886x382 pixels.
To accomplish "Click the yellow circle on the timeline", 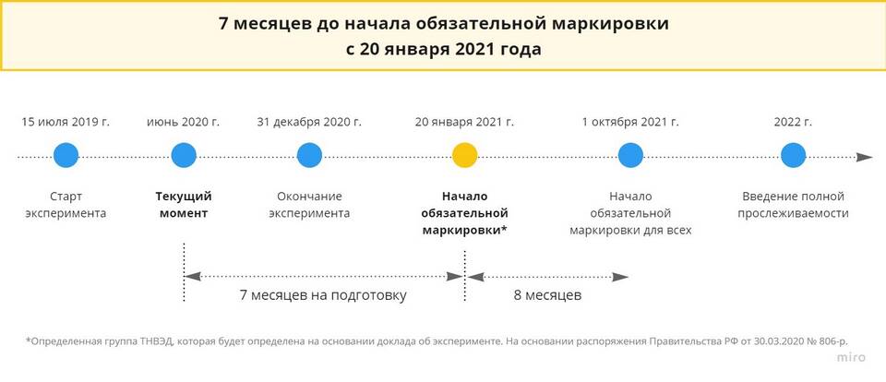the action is coord(465,155).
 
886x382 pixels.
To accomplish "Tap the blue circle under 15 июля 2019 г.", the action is coord(66,155).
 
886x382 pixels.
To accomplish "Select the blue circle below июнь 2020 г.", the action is coord(184,155).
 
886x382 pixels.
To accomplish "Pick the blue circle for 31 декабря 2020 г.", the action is coord(310,155).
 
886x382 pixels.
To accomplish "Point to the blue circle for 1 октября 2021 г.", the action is coord(630,155).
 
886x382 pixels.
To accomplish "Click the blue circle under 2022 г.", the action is coord(794,155).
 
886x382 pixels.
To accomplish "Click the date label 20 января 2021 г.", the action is coord(464,122).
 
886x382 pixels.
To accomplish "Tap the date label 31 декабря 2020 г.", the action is coord(309,122).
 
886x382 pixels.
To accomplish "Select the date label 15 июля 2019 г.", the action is coord(66,122).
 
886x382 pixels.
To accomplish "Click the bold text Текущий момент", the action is coord(184,205).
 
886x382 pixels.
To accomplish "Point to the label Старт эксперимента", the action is coord(66,205).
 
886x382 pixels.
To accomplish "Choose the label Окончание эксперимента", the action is coord(310,205).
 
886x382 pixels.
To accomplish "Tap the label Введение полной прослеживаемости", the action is coord(794,205).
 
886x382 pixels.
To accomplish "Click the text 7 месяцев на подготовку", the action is coord(323,295).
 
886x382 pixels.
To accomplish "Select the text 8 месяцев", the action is coord(547,295).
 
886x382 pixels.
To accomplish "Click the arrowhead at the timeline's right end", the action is coord(865,157).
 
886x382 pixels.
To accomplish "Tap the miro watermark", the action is coord(851,358).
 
